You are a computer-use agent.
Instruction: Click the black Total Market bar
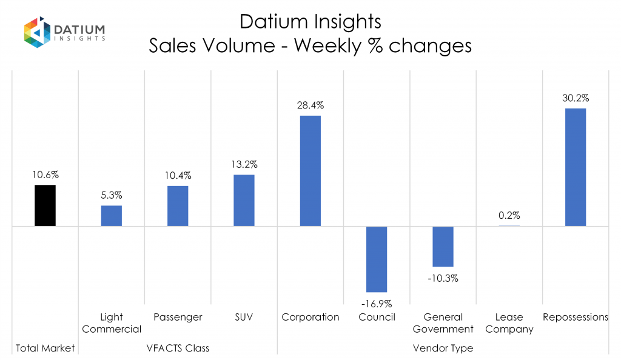pos(45,205)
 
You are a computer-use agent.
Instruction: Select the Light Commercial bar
pos(111,216)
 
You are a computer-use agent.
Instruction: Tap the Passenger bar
pos(178,206)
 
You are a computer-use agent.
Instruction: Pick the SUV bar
pos(244,201)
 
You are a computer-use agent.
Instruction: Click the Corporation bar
pos(310,171)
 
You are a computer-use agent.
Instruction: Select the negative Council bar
pos(377,259)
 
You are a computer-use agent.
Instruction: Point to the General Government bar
pos(443,247)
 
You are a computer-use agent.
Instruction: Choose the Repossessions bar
pos(576,167)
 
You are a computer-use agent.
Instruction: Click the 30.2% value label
pos(576,98)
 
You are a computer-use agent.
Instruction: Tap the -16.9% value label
pos(376,304)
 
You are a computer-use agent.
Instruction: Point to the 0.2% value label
pos(509,215)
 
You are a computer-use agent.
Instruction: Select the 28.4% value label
pos(310,105)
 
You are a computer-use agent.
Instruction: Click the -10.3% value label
pos(443,279)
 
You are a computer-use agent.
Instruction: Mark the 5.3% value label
pos(111,195)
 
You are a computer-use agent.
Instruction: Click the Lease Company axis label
pos(509,323)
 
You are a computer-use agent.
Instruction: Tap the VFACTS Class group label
pos(178,348)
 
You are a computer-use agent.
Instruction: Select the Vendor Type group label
pos(443,348)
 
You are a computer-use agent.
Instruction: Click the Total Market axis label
pos(45,348)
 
